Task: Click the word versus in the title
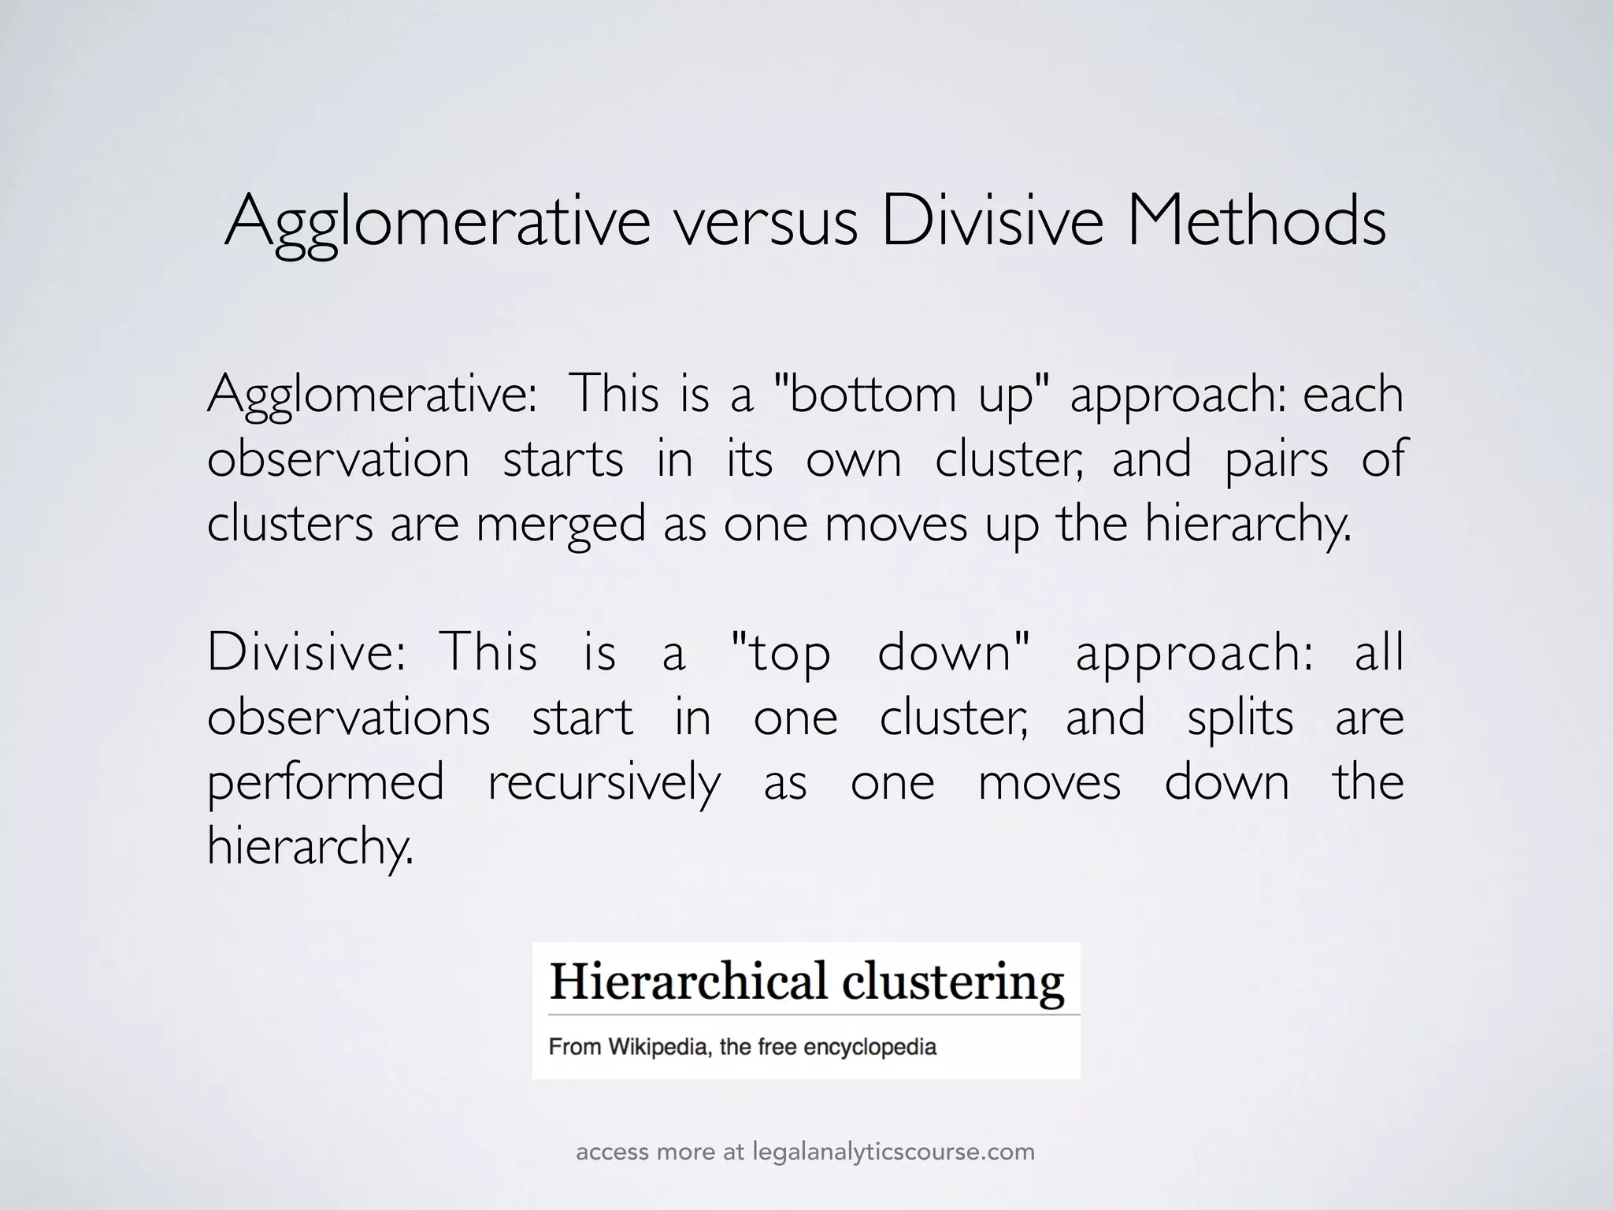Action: (x=764, y=223)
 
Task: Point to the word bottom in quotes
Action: (x=871, y=395)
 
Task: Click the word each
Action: (x=1353, y=395)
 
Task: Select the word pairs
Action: (x=1276, y=460)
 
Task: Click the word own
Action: (x=853, y=460)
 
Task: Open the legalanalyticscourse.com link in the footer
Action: (x=893, y=1152)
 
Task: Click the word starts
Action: (x=563, y=460)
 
